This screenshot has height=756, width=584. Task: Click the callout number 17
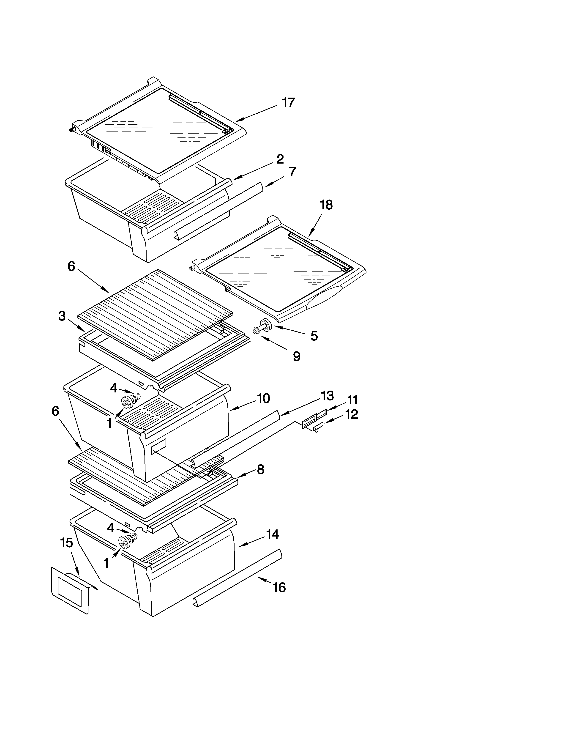point(288,103)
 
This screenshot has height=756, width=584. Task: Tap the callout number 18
point(326,205)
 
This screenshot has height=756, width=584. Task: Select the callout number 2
point(280,159)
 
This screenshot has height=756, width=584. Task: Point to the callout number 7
point(292,172)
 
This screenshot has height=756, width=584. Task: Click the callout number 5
point(314,336)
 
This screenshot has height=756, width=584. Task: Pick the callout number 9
point(297,356)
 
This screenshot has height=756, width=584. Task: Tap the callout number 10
point(263,398)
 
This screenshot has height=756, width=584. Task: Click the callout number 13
point(327,395)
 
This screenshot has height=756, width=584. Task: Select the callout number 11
point(352,400)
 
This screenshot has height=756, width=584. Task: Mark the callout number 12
point(352,414)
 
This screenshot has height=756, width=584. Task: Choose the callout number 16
point(279,587)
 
